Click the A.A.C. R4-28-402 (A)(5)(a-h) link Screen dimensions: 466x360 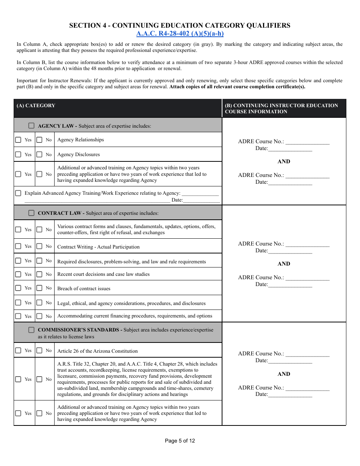pyautogui.click(x=180, y=34)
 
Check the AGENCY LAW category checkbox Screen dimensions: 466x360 pyautogui.click(x=31, y=125)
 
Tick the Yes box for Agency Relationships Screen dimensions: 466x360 pyautogui.click(x=18, y=140)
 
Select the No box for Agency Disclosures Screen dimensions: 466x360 pyautogui.click(x=39, y=155)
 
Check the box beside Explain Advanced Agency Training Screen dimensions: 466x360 pyautogui.click(x=18, y=193)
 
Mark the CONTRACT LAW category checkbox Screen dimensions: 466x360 pyautogui.click(x=31, y=213)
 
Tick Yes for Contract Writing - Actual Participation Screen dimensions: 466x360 pyautogui.click(x=18, y=246)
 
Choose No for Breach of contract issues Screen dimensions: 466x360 pyautogui.click(x=39, y=288)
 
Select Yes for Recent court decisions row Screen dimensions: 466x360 pyautogui.click(x=18, y=274)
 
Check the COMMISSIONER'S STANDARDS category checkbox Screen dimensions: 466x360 pyautogui.click(x=31, y=330)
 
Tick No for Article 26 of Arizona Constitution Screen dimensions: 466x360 pyautogui.click(x=39, y=350)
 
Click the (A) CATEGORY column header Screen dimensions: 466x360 pyautogui.click(x=36, y=106)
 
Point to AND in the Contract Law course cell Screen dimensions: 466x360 pyautogui.click(x=283, y=264)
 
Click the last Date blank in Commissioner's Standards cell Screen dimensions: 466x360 pyautogui.click(x=290, y=395)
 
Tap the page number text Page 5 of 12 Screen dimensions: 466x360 pyautogui.click(x=180, y=441)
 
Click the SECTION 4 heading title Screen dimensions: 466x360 pyautogui.click(x=180, y=25)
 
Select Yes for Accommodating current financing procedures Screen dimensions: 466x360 pyautogui.click(x=18, y=316)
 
